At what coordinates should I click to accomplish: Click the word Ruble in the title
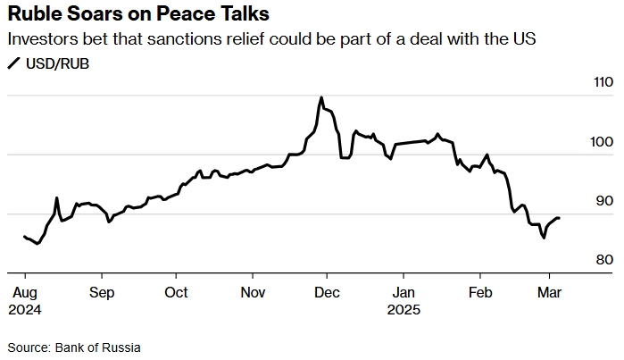click(x=35, y=14)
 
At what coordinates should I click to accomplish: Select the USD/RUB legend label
click(x=57, y=63)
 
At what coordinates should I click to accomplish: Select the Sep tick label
click(x=102, y=293)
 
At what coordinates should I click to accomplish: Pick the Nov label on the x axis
click(x=254, y=293)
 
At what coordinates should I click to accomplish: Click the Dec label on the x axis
click(x=328, y=293)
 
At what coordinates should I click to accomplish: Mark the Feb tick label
click(x=481, y=293)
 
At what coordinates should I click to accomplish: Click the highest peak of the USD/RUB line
click(x=320, y=97)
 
